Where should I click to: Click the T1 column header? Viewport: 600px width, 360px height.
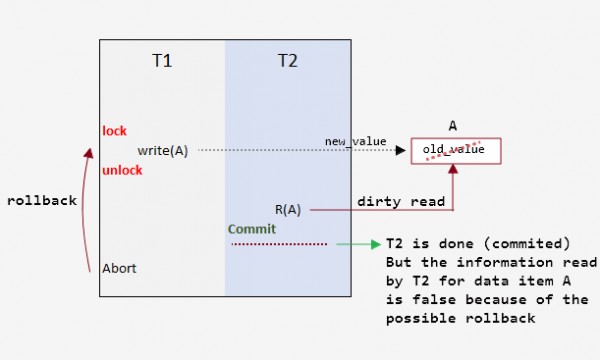click(x=162, y=61)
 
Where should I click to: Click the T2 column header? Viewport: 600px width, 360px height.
click(x=287, y=61)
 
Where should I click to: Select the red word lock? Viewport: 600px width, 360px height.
click(x=114, y=131)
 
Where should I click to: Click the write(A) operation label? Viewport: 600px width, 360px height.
click(x=163, y=150)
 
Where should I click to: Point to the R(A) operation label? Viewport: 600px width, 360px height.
click(x=288, y=210)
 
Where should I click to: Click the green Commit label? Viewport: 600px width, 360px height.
click(x=251, y=229)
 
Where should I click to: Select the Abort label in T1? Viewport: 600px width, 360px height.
click(x=119, y=268)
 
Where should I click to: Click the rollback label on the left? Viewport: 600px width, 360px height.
click(x=41, y=200)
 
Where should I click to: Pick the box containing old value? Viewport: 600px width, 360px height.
click(x=454, y=151)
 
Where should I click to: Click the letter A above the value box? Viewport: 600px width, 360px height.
click(x=453, y=127)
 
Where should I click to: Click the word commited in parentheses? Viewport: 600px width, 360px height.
click(x=532, y=244)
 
